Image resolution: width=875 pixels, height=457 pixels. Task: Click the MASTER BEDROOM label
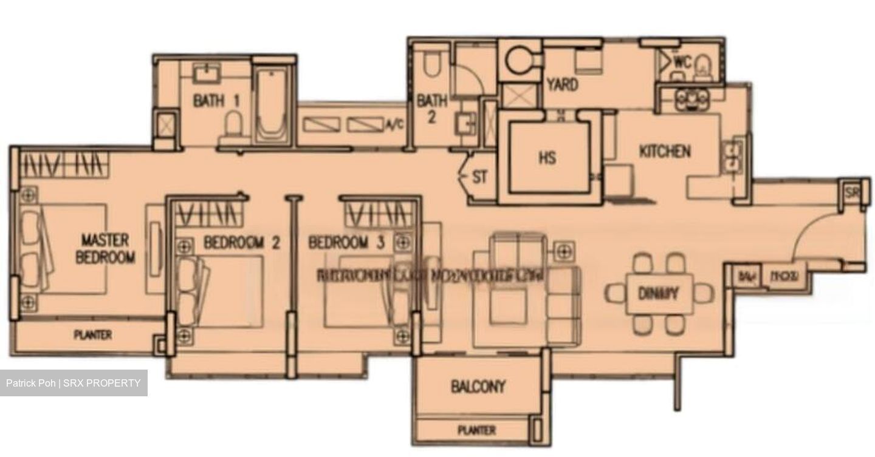click(105, 248)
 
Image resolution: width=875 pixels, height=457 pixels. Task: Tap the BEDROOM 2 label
click(241, 243)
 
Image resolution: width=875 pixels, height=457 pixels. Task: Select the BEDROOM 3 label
click(346, 243)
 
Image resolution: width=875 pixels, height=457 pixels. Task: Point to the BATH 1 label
click(216, 100)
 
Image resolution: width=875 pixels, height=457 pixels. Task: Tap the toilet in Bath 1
click(234, 129)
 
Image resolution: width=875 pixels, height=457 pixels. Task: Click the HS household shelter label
click(547, 158)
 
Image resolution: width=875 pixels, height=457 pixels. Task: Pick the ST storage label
click(479, 177)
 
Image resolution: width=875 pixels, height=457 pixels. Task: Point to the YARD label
click(561, 85)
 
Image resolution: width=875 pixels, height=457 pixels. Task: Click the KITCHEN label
click(664, 151)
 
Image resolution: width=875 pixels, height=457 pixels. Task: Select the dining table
click(659, 294)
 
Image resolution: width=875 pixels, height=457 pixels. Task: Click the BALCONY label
click(478, 387)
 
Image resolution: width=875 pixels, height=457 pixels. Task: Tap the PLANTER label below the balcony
click(476, 430)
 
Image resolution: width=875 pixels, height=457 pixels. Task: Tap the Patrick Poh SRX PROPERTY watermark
click(74, 383)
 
